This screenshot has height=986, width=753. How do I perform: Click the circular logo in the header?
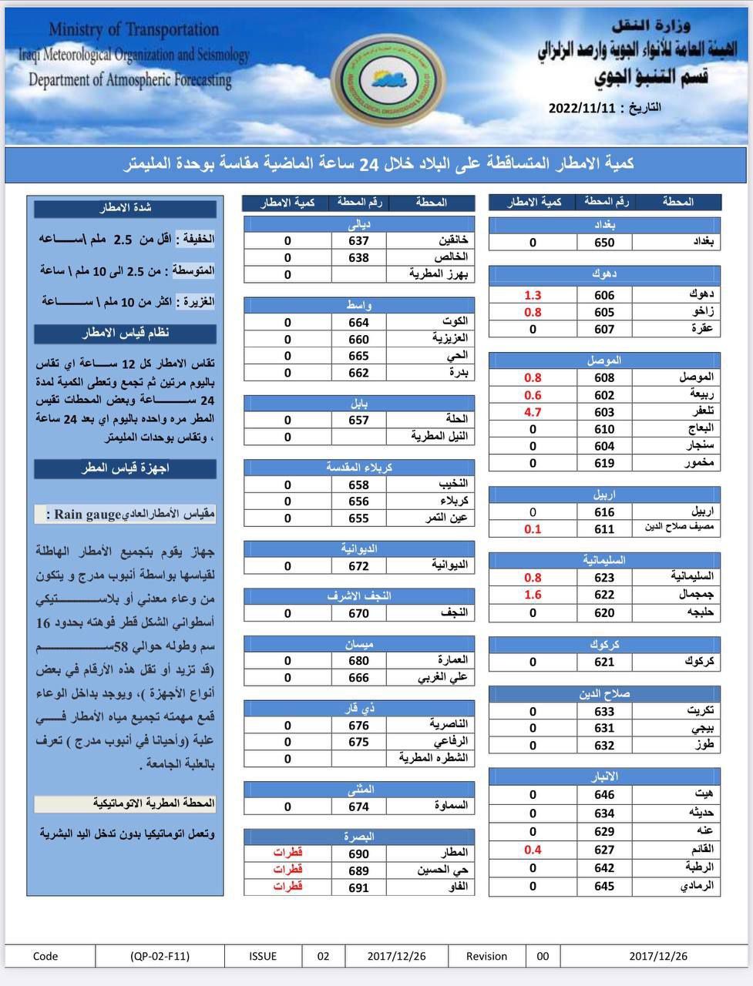click(x=386, y=82)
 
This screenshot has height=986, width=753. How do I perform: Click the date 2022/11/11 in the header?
click(x=582, y=109)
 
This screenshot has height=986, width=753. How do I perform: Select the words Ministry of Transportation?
click(x=133, y=30)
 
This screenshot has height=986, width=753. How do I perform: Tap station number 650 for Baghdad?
click(x=604, y=243)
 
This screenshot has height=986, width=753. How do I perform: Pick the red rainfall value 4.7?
click(x=533, y=412)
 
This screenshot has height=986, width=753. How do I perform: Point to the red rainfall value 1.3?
click(x=533, y=295)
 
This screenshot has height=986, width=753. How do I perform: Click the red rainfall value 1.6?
click(x=533, y=595)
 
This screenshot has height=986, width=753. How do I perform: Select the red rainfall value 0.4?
click(x=533, y=850)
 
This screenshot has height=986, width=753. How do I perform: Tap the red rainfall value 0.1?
click(x=533, y=529)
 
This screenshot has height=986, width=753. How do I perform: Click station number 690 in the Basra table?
click(x=359, y=854)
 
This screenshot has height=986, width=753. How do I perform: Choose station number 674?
click(x=359, y=807)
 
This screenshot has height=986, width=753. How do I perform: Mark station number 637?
click(x=359, y=241)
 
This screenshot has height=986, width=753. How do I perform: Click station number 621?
click(x=604, y=662)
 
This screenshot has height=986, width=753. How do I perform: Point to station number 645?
click(x=604, y=886)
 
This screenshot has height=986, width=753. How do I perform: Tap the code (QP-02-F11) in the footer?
click(x=160, y=956)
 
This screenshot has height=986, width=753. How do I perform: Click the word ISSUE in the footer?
click(x=263, y=956)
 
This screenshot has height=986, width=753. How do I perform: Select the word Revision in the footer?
click(x=486, y=956)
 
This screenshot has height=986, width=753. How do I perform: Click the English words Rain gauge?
click(x=99, y=515)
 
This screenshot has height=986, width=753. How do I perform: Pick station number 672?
click(x=359, y=566)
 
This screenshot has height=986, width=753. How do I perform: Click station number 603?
click(x=604, y=412)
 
